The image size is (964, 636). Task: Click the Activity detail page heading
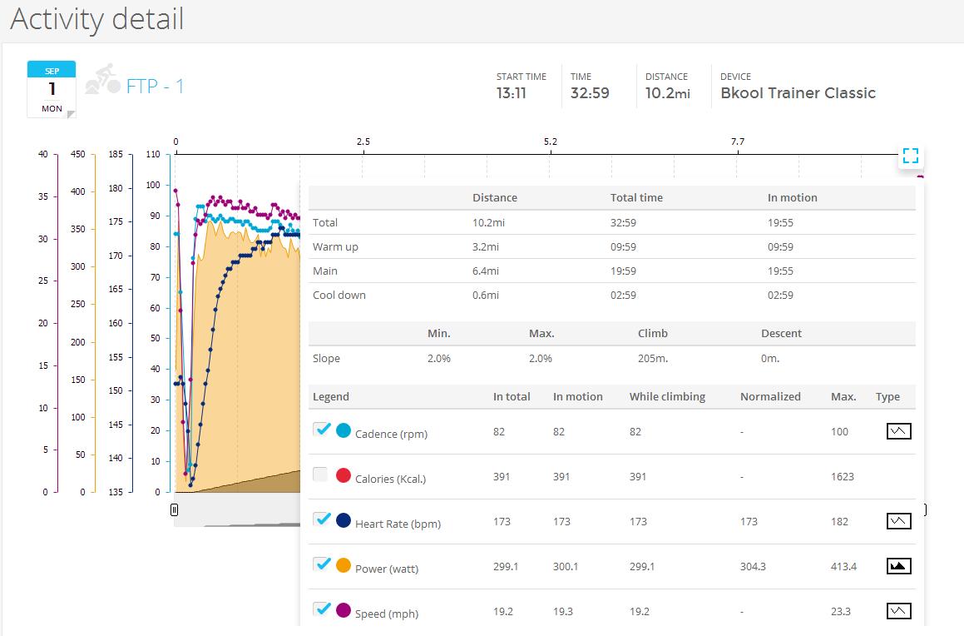pos(97,19)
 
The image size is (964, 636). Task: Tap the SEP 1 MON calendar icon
pos(52,89)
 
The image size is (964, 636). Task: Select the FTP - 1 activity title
pos(155,86)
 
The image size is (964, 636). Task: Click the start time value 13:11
pos(512,93)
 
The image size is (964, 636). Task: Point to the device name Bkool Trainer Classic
pos(798,93)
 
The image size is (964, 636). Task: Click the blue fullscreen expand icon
pos(911,156)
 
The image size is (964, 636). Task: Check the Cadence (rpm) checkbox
pos(322,430)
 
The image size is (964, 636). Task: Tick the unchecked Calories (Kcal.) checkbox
pos(320,475)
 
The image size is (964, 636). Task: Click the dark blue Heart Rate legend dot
pos(344,520)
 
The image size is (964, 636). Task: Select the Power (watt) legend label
pos(387,569)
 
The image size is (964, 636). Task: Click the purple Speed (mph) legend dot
pos(344,610)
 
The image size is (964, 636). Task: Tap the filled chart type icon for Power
pos(898,566)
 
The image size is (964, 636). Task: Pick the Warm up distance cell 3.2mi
pos(486,246)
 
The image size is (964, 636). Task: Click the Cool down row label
pos(339,296)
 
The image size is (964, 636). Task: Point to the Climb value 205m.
pos(653,359)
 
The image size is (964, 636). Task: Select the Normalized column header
pos(770,397)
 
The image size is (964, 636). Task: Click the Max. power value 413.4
pos(843,567)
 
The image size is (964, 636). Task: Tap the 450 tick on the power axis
pos(78,154)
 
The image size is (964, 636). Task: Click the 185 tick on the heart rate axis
pos(116,154)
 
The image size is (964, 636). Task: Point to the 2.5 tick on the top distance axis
pos(363,142)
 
